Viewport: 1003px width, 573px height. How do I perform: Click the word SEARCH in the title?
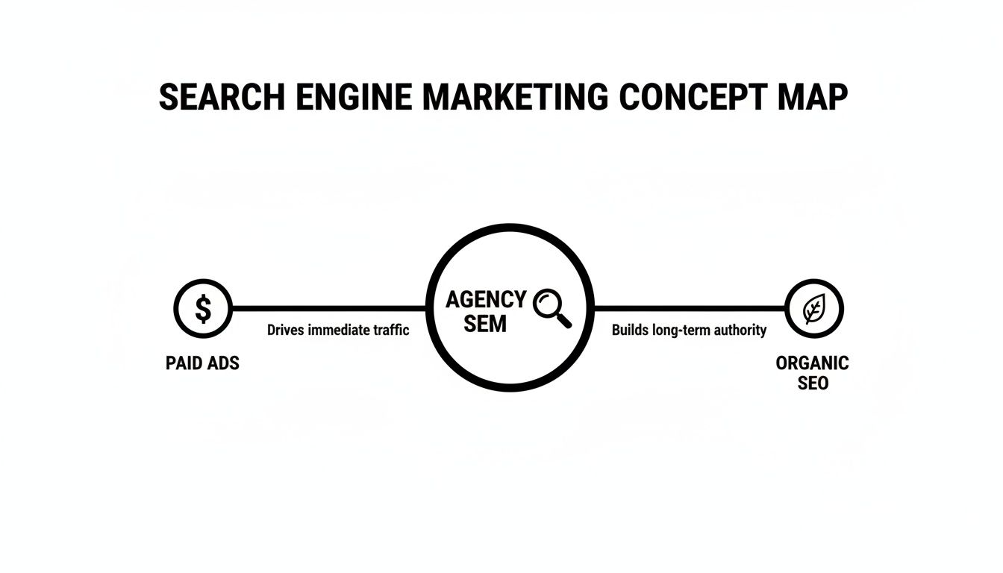click(222, 98)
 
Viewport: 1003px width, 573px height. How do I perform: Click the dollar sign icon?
click(203, 308)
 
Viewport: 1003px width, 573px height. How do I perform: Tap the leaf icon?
click(813, 309)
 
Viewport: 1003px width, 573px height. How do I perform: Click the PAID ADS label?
click(202, 364)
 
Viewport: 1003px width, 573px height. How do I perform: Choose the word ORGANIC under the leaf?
click(812, 363)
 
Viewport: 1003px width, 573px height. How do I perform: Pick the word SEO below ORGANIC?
click(812, 383)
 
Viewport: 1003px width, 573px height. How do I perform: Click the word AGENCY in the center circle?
click(486, 300)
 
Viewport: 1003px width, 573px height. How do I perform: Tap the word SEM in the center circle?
click(484, 324)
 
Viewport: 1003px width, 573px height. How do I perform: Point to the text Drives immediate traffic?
click(338, 330)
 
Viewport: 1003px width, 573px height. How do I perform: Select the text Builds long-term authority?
click(689, 330)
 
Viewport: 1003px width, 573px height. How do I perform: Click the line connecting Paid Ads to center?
click(328, 308)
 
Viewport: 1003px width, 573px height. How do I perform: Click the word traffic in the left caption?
click(390, 330)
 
